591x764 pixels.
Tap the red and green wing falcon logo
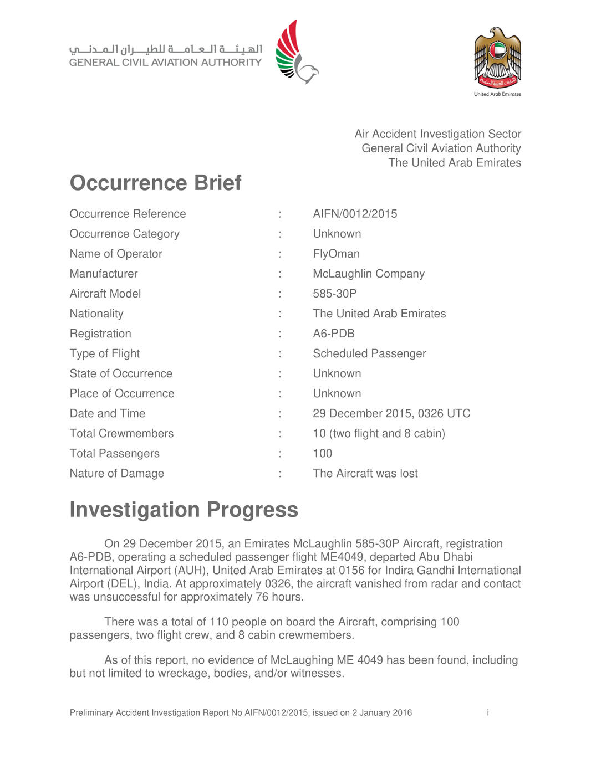point(296,53)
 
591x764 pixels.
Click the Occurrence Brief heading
point(155,183)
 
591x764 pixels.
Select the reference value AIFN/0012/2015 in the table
point(355,214)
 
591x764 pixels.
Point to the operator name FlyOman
point(336,254)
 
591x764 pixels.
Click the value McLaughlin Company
point(369,274)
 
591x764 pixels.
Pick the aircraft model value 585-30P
point(334,294)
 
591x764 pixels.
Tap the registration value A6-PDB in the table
point(334,334)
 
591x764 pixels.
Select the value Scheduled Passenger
point(369,353)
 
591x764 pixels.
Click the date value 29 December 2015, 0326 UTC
point(391,413)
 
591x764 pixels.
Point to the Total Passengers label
point(114,453)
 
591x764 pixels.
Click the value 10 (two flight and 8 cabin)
point(379,433)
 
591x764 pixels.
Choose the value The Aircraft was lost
point(365,473)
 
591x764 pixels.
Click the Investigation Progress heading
point(184,510)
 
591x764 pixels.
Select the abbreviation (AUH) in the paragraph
point(191,570)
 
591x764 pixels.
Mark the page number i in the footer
point(488,712)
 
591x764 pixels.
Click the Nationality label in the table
point(96,314)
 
